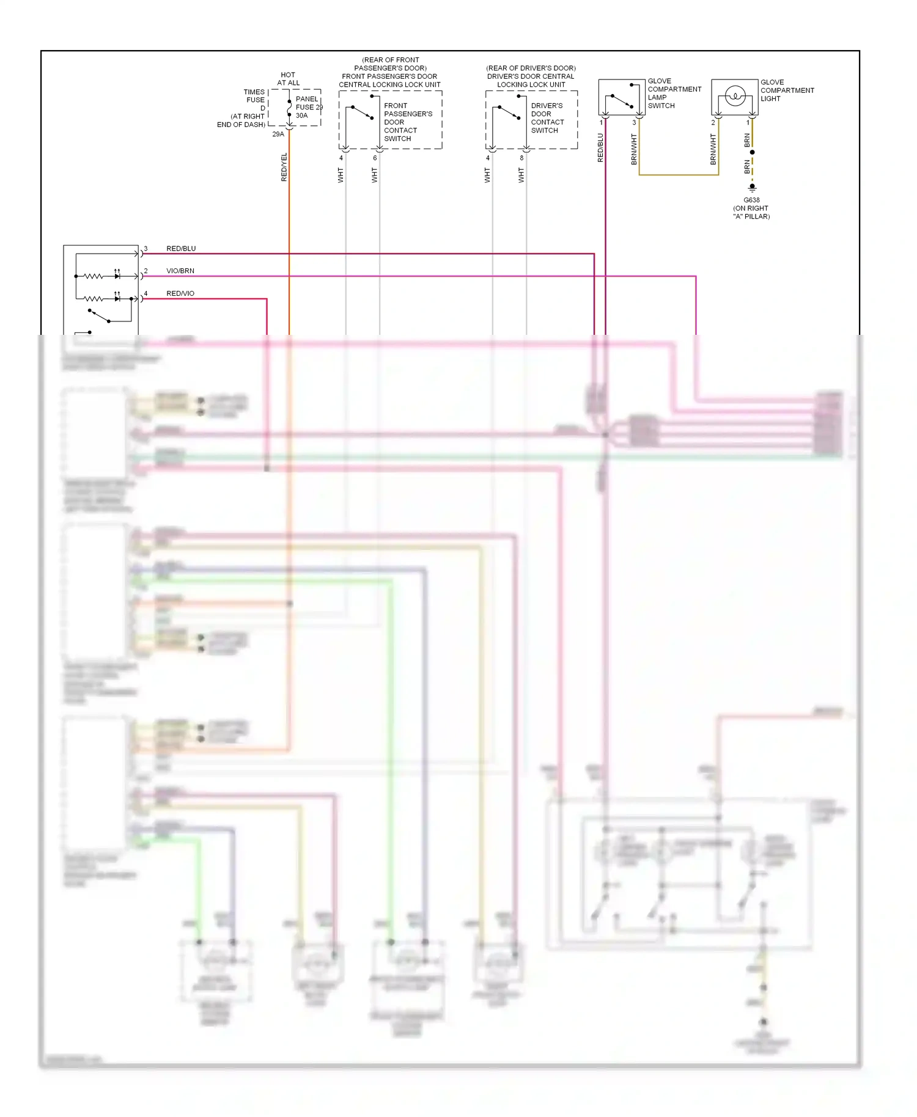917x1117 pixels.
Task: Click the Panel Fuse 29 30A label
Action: pos(307,107)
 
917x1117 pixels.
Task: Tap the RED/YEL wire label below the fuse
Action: pos(284,167)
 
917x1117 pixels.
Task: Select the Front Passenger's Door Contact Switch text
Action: pos(407,122)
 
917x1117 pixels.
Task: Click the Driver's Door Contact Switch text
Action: pos(547,118)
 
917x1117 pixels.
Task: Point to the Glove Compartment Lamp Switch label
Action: pos(674,93)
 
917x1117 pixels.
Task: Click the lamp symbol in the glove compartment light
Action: pos(734,96)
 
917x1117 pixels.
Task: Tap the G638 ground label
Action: pos(751,200)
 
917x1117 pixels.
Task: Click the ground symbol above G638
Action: pos(752,188)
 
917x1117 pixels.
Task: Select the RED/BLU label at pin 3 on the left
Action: pos(181,249)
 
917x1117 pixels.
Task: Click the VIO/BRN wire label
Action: pos(180,271)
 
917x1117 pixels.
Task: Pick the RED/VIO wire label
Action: pos(180,293)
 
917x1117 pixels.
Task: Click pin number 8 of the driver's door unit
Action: pos(521,158)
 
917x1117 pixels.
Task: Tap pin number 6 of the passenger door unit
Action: pos(375,158)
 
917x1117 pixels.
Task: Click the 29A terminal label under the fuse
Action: pos(278,134)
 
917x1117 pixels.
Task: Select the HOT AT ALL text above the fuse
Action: pos(288,79)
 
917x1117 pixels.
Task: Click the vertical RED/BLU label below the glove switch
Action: pos(600,147)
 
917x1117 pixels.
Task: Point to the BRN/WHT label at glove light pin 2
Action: pos(713,150)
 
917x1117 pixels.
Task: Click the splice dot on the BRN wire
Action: pos(752,152)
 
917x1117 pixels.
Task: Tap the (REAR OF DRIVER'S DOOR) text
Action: pos(531,68)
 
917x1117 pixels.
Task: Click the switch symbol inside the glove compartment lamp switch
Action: pos(621,101)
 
